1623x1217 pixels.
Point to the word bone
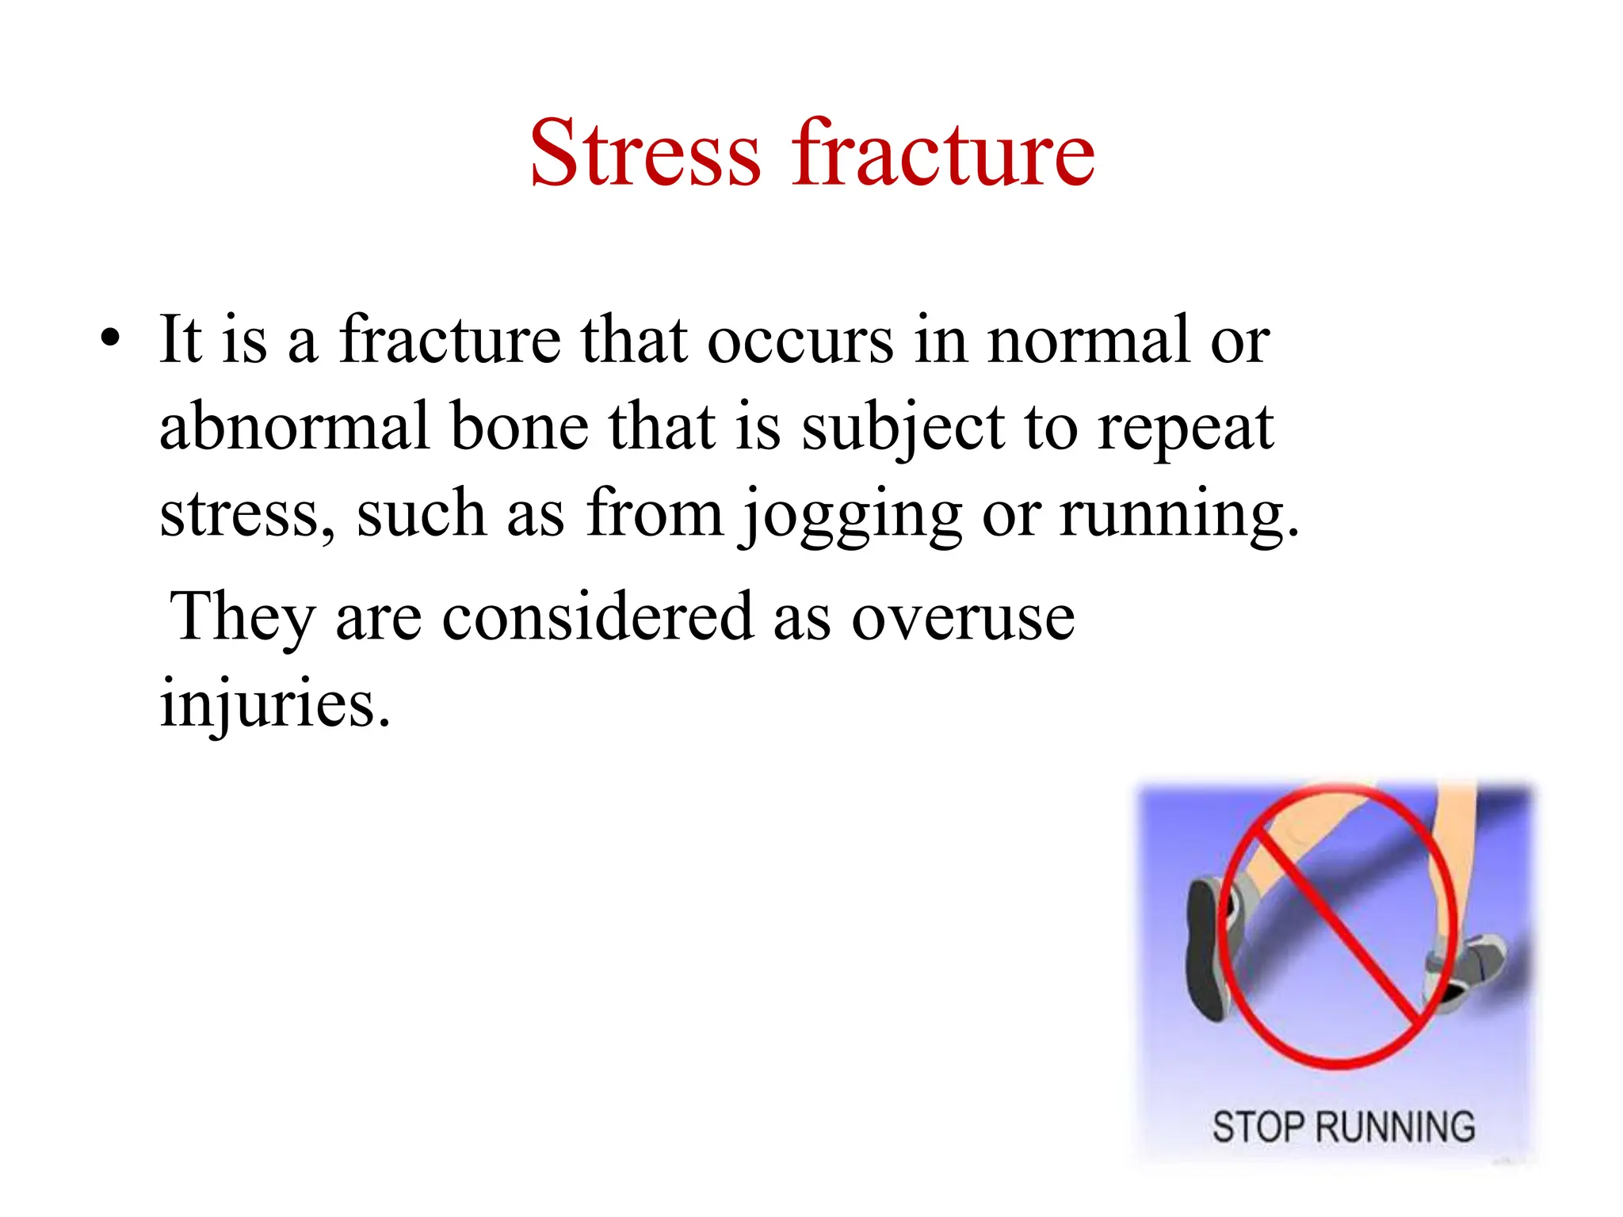[x=519, y=428]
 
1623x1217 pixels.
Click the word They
[x=242, y=618]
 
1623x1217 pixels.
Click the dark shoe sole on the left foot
[x=1205, y=951]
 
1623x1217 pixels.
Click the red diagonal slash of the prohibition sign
[x=1339, y=927]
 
